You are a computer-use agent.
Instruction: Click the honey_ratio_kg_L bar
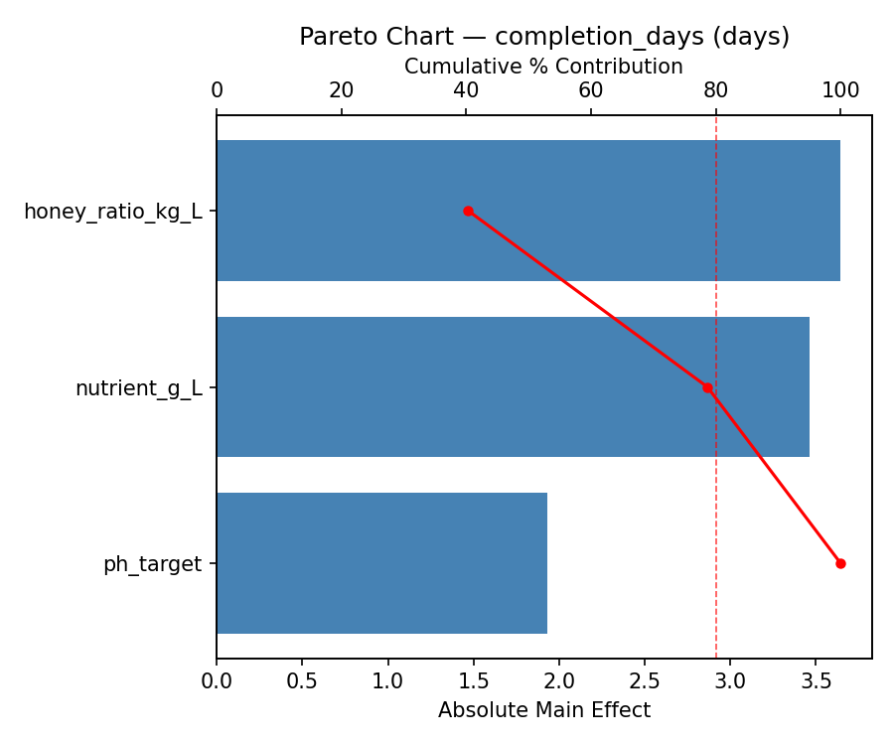point(527,211)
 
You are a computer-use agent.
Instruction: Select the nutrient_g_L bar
point(513,387)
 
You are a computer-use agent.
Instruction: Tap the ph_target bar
point(381,563)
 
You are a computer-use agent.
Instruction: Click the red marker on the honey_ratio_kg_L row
point(468,211)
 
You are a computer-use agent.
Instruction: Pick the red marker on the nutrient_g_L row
point(707,387)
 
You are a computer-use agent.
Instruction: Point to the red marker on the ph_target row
point(840,563)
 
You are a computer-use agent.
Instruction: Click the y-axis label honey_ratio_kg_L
point(112,212)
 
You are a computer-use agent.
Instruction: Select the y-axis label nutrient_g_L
point(138,388)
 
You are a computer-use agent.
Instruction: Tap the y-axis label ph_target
point(152,564)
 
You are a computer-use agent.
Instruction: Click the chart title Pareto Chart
point(544,37)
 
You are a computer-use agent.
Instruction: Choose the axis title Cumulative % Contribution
point(543,67)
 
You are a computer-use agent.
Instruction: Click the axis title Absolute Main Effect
point(543,710)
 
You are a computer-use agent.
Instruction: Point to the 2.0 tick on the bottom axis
point(559,682)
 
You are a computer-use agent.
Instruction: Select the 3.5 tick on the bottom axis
point(816,682)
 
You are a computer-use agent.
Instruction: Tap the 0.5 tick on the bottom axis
point(302,682)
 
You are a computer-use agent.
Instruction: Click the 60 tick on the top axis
point(591,90)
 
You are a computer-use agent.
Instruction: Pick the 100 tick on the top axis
point(840,90)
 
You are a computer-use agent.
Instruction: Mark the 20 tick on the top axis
point(342,90)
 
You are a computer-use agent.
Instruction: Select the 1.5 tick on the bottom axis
point(474,682)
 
